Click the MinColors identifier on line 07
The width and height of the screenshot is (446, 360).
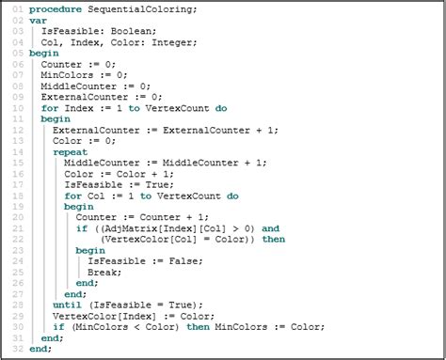(x=68, y=75)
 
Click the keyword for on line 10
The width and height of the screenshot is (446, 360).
(x=49, y=108)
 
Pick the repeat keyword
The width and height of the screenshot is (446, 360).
(x=70, y=152)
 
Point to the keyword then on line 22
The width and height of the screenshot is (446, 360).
(x=273, y=240)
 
